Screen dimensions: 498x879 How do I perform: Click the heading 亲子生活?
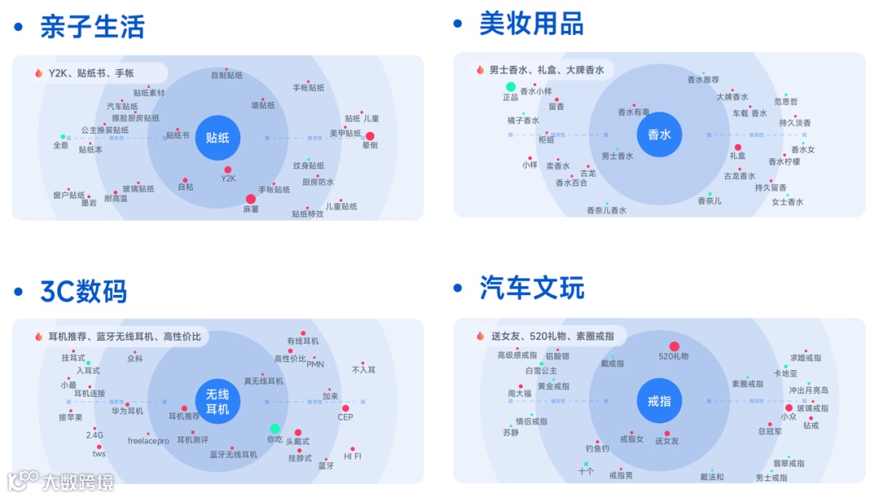coord(92,27)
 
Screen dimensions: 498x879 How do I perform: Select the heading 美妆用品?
coord(531,24)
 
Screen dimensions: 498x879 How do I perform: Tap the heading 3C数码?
coord(83,291)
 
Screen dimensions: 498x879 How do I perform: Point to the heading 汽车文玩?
coord(531,288)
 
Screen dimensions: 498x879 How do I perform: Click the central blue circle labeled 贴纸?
coord(217,138)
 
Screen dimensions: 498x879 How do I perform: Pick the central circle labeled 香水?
coord(658,134)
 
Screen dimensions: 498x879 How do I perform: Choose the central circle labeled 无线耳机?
coord(217,402)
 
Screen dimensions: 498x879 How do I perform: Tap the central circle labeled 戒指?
coord(658,401)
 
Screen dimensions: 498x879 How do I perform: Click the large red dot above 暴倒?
coord(370,136)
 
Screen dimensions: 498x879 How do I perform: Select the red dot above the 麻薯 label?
coord(251,199)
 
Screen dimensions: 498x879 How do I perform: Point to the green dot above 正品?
coord(510,87)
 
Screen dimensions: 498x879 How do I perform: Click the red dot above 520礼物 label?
coord(674,346)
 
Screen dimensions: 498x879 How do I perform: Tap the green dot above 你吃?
coord(275,429)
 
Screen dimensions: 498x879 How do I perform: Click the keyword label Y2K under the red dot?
coord(228,178)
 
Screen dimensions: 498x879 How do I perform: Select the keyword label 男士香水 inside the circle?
coord(617,156)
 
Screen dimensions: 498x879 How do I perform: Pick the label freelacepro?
coord(148,441)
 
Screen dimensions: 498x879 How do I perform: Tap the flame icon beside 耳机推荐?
coord(38,337)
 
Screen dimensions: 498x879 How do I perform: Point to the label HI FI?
coord(352,456)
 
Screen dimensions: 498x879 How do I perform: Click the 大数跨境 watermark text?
coord(78,483)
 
